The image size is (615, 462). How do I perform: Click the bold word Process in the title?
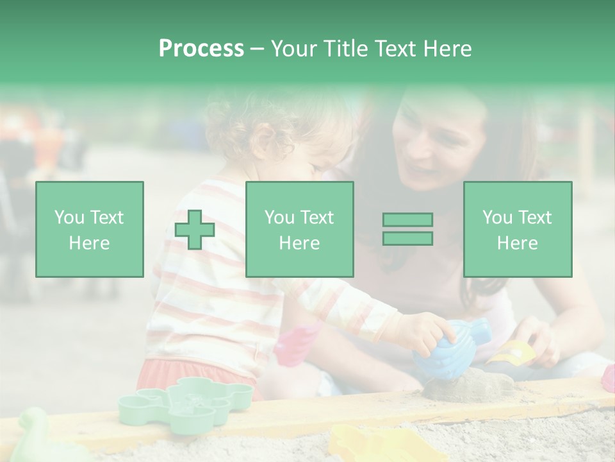(x=201, y=48)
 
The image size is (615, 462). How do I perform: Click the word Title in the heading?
(x=344, y=48)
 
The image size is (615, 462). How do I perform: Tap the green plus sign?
(x=195, y=229)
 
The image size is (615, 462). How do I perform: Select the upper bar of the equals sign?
(x=407, y=220)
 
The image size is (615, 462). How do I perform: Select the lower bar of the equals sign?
(x=407, y=238)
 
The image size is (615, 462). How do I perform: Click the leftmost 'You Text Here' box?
(x=89, y=229)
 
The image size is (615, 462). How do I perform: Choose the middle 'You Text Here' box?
(x=299, y=229)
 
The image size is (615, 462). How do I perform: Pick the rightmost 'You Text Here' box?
(x=517, y=229)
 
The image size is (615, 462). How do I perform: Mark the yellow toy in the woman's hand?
(x=512, y=353)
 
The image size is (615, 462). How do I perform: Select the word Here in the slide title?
(x=446, y=48)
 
